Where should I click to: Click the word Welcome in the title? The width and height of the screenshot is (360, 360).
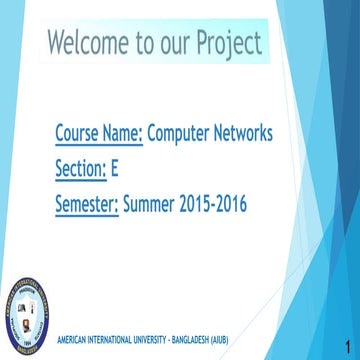pyautogui.click(x=88, y=42)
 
